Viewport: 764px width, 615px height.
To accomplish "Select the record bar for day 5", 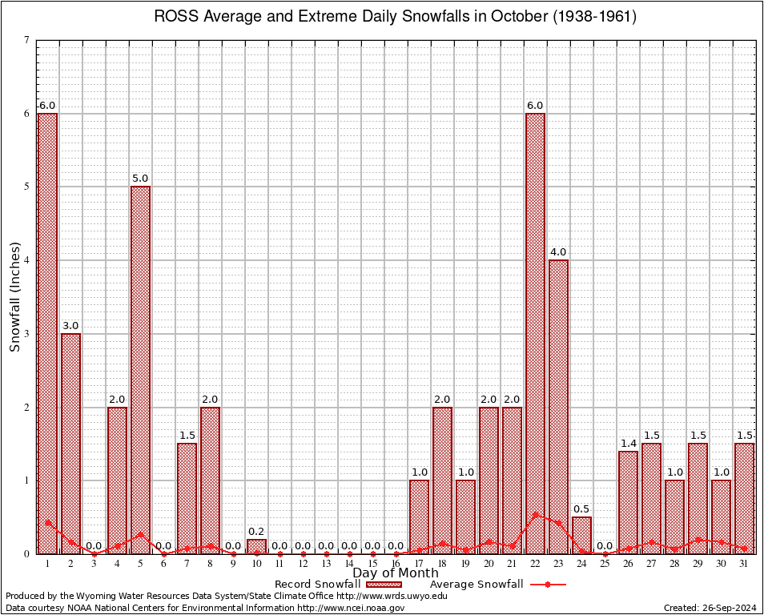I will [x=141, y=368].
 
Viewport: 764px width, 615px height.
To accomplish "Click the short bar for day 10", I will [x=256, y=546].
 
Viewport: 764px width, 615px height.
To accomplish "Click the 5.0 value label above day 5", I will [x=141, y=179].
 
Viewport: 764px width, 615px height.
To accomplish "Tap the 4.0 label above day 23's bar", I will [x=558, y=252].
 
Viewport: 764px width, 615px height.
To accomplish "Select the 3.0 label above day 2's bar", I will [x=71, y=326].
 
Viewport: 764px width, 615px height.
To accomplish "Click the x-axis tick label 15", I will [x=372, y=564].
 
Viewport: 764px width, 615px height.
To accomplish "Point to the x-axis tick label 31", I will [x=744, y=564].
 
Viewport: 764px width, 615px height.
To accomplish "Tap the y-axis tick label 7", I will [x=27, y=41].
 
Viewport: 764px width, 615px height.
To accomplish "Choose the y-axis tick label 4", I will [x=27, y=261].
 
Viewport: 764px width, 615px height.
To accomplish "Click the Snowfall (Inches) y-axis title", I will [x=14, y=297].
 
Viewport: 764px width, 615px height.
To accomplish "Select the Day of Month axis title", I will [x=396, y=573].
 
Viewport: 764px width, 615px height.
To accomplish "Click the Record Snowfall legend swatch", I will [x=384, y=585].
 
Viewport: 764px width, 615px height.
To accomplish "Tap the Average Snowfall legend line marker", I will [x=548, y=585].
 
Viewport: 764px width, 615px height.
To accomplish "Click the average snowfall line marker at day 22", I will [x=535, y=515].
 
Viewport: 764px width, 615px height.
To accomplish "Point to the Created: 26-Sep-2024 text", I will [x=710, y=608].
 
